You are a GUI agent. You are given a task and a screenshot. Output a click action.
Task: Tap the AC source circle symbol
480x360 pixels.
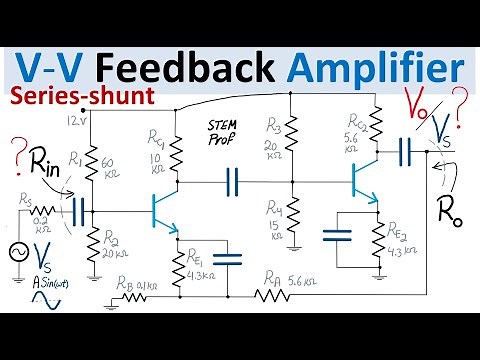point(18,254)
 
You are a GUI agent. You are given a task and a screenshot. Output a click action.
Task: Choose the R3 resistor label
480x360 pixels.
point(275,124)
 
